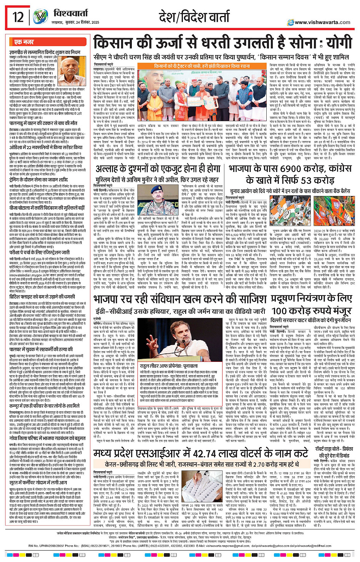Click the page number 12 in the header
(x=18, y=17)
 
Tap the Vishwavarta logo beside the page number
(x=40, y=17)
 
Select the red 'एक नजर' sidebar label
(x=24, y=42)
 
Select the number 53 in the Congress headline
(x=306, y=180)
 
